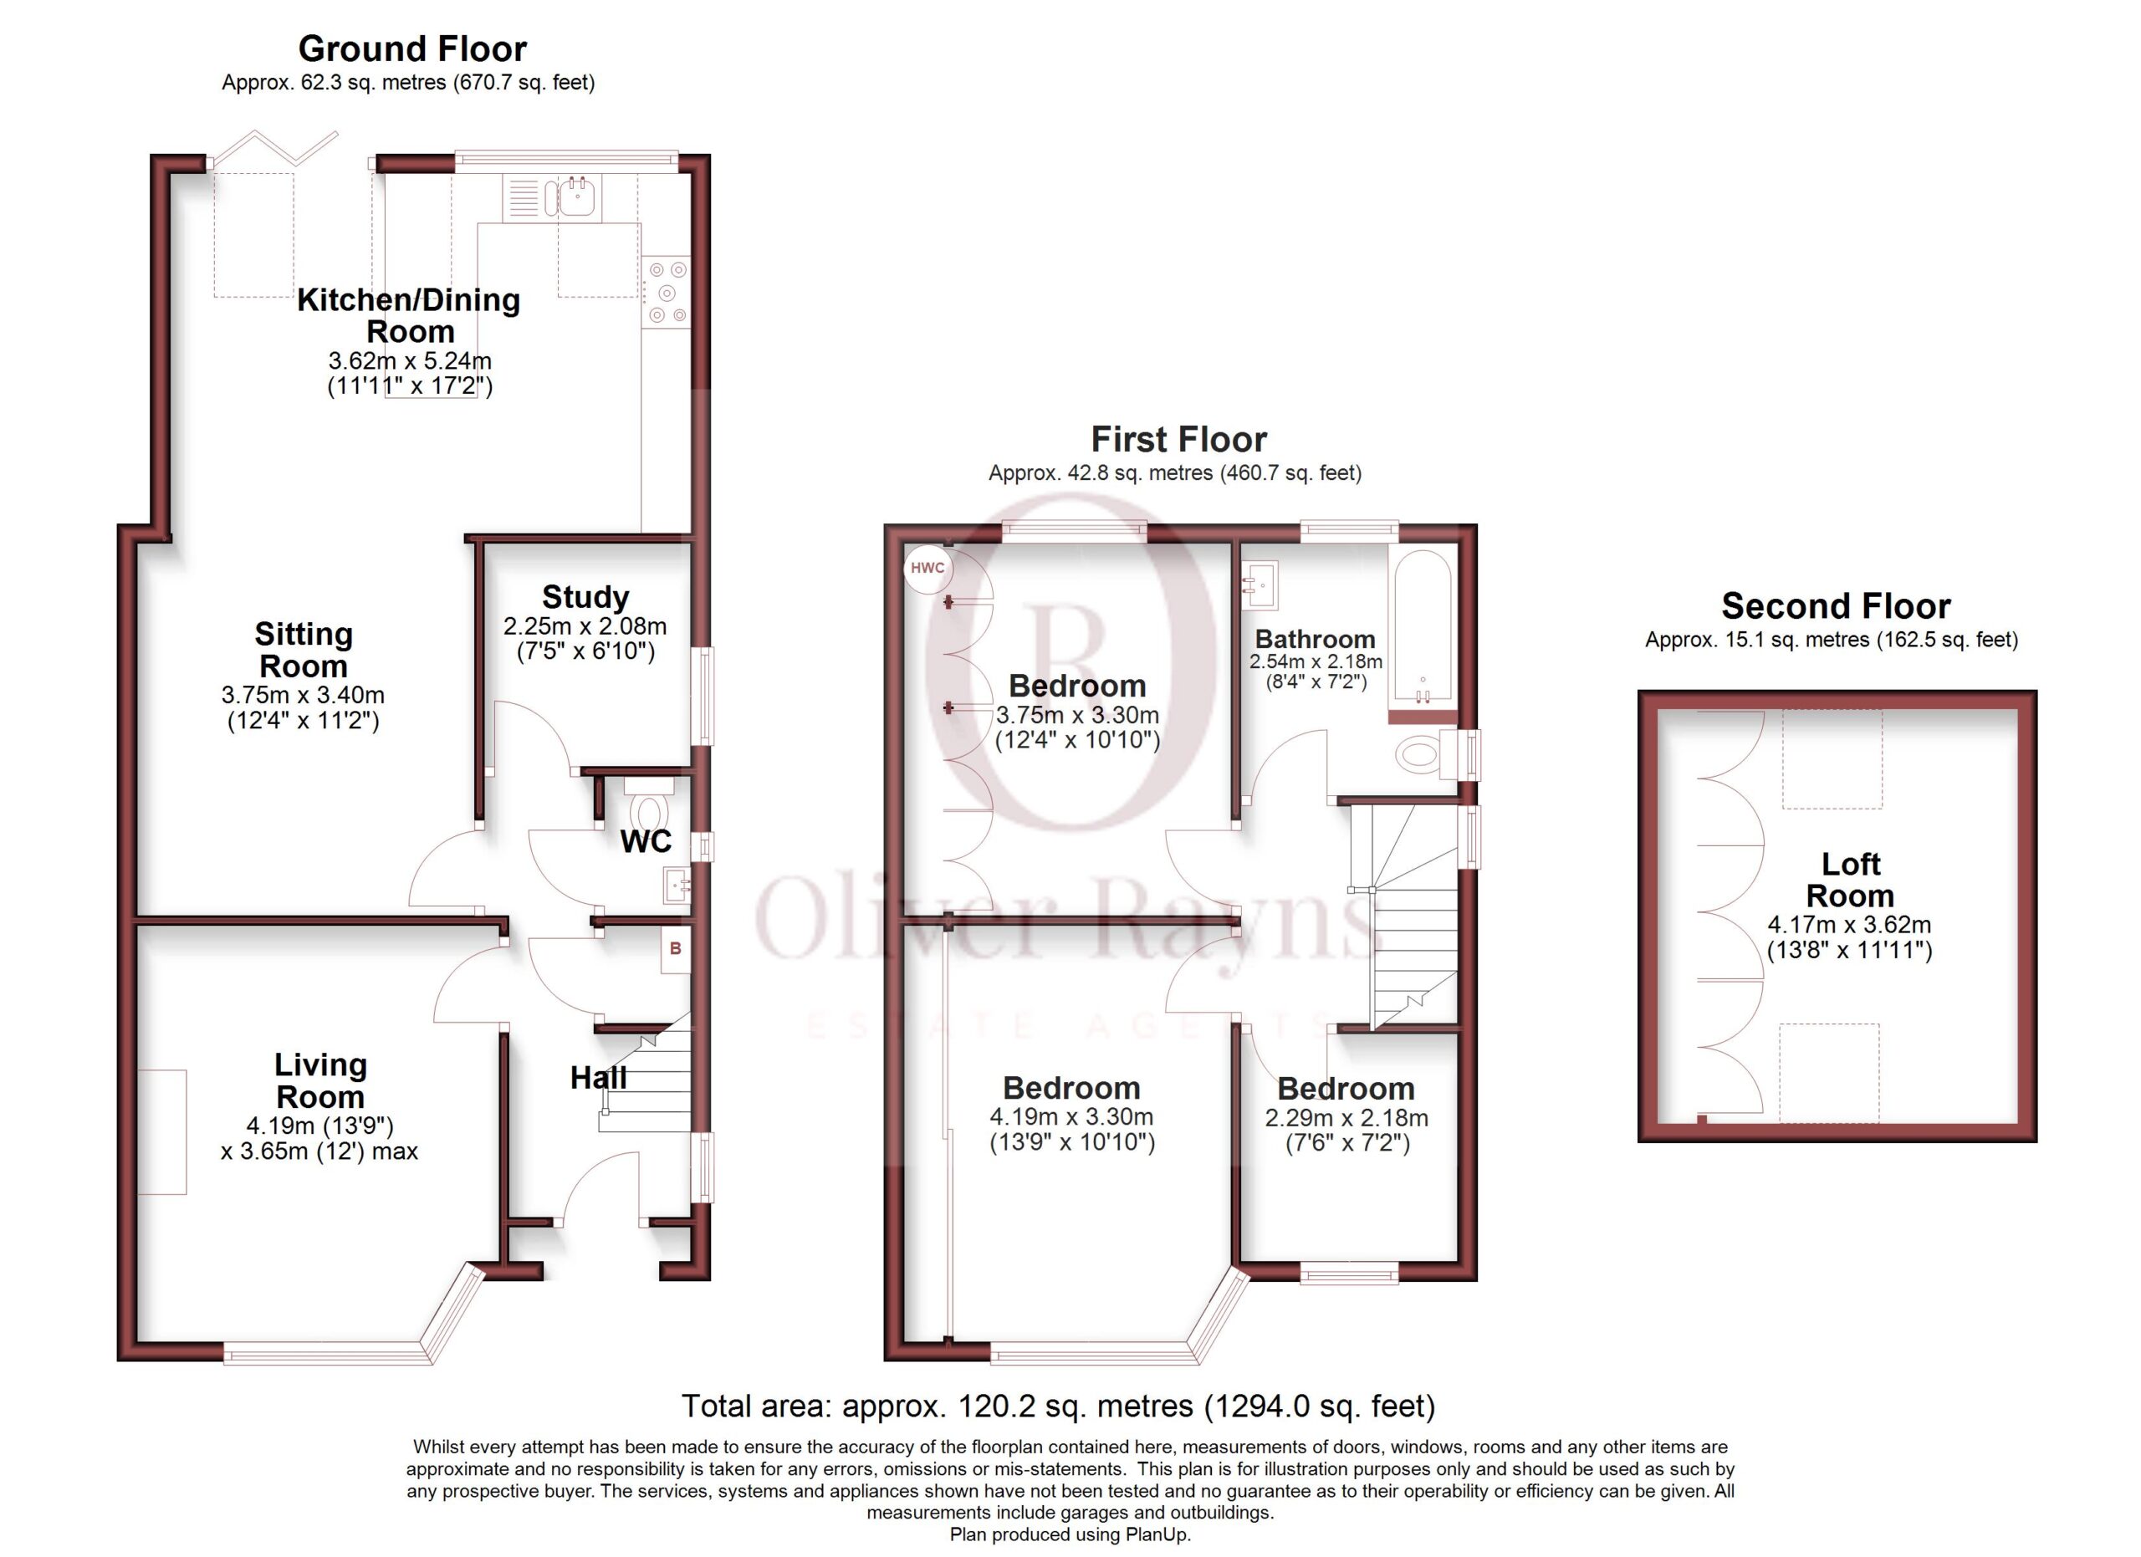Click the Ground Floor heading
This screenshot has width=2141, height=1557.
[x=412, y=48]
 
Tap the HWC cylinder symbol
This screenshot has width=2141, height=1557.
[x=927, y=568]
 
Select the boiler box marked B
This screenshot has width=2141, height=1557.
[x=675, y=949]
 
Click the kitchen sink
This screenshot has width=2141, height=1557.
[x=578, y=197]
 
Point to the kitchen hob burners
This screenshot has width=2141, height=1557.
[x=667, y=293]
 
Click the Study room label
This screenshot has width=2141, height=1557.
[x=585, y=596]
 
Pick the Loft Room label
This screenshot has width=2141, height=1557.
[x=1850, y=879]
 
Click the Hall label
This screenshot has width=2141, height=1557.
[x=599, y=1078]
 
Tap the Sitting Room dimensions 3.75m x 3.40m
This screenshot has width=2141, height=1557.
[x=303, y=696]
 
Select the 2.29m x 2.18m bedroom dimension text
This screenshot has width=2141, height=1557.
[x=1346, y=1118]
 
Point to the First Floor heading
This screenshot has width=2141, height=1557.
[x=1179, y=439]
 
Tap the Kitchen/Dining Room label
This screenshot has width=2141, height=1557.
[x=410, y=315]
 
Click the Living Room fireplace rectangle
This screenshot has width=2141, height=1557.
[x=162, y=1132]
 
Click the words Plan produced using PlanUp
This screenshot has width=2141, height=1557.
[x=1070, y=1534]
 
